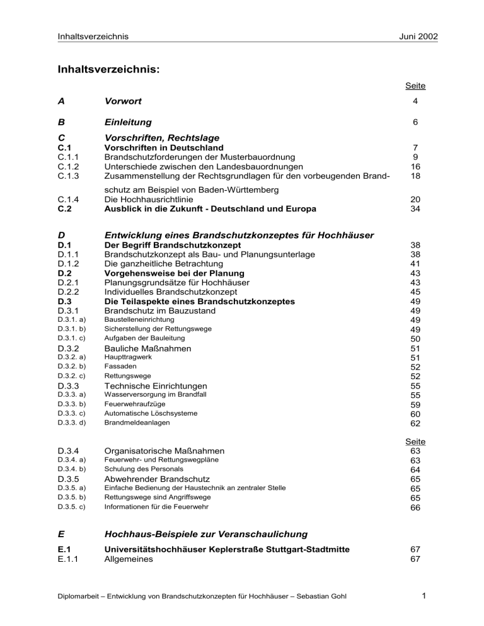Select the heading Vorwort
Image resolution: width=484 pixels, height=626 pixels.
123,101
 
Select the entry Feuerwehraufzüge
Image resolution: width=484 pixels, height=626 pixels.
129,404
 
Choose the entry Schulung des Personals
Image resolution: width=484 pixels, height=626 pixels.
144,469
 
